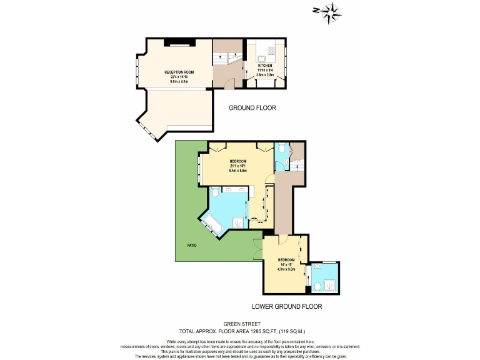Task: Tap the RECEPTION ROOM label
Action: pyautogui.click(x=179, y=72)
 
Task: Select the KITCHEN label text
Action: pyautogui.click(x=265, y=65)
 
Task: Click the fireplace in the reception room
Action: pyautogui.click(x=179, y=42)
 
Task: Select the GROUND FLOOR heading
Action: pyautogui.click(x=252, y=108)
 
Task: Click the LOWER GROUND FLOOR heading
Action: pyautogui.click(x=287, y=307)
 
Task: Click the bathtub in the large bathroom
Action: pyautogui.click(x=213, y=224)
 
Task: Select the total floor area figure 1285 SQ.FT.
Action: pyautogui.click(x=271, y=331)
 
